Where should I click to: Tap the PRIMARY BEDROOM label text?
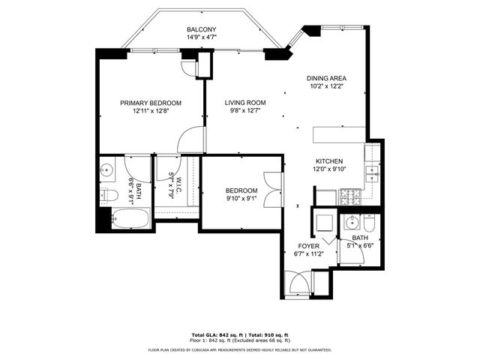point(151,103)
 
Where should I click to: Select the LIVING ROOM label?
point(246,103)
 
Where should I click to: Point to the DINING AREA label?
point(326,78)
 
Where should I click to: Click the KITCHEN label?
point(329,161)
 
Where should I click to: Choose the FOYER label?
point(309,245)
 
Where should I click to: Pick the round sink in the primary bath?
point(106,170)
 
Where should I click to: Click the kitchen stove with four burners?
point(351,198)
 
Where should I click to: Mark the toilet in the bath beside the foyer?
point(368,225)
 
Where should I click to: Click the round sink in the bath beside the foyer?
point(349,224)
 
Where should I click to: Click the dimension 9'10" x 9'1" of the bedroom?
point(241,199)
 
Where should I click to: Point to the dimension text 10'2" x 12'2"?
point(326,86)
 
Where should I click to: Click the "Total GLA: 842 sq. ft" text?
point(217,334)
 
